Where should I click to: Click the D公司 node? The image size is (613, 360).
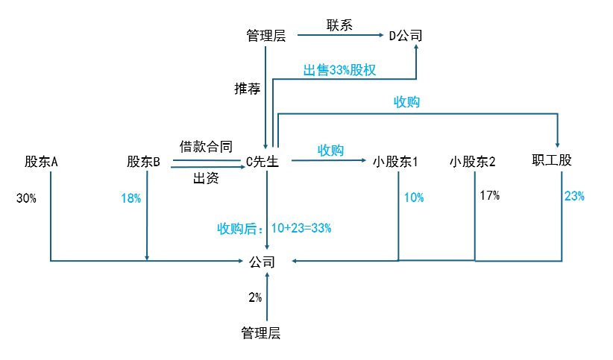pyautogui.click(x=406, y=35)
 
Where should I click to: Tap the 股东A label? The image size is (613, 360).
pyautogui.click(x=41, y=161)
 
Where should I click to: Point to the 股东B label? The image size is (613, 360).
pyautogui.click(x=144, y=161)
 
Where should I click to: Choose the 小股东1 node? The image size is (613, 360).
pyautogui.click(x=396, y=161)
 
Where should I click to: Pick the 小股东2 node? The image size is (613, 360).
pyautogui.click(x=474, y=161)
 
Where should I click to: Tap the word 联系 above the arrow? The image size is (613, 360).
pyautogui.click(x=339, y=25)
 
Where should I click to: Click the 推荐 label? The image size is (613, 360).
pyautogui.click(x=247, y=89)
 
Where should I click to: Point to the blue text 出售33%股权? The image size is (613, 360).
pyautogui.click(x=339, y=70)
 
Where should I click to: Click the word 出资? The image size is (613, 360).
pyautogui.click(x=206, y=178)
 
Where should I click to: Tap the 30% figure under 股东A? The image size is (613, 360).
pyautogui.click(x=26, y=198)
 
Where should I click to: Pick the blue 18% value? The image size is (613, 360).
pyautogui.click(x=131, y=198)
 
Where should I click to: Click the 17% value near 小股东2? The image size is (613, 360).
pyautogui.click(x=490, y=196)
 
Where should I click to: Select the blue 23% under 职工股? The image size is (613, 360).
pyautogui.click(x=574, y=196)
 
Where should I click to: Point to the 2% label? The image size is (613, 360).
pyautogui.click(x=255, y=297)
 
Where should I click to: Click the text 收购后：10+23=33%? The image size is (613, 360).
pyautogui.click(x=274, y=228)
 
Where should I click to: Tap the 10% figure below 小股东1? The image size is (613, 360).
pyautogui.click(x=414, y=198)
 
